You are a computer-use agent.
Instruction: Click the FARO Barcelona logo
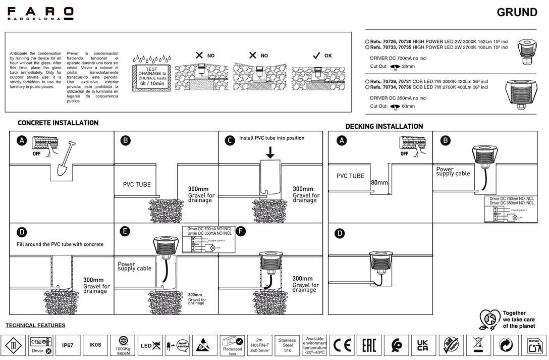point(40,13)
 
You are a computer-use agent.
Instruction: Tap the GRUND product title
point(517,12)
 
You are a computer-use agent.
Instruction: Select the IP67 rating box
point(67,345)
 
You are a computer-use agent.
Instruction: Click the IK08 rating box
point(95,345)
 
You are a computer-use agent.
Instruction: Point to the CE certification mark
point(342,346)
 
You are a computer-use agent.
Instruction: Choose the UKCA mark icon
point(423,346)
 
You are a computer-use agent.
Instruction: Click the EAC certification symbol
point(369,346)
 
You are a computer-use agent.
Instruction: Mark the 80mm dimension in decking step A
point(379,182)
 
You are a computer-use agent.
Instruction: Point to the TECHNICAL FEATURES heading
point(35,326)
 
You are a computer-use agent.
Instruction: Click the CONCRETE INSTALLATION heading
point(58,123)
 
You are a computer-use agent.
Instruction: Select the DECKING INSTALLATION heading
point(384,126)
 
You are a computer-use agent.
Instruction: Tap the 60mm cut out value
point(408,107)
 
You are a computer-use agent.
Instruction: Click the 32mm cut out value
point(408,66)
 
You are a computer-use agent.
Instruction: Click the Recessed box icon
point(233,345)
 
